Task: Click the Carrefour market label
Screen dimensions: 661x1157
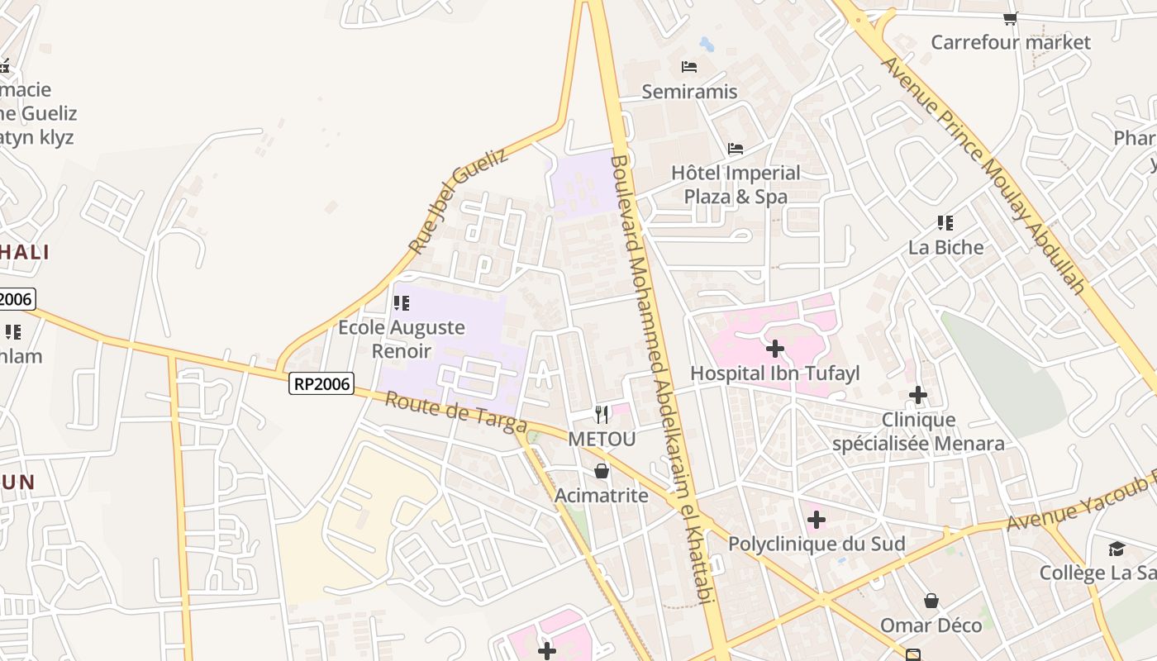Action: (x=1011, y=42)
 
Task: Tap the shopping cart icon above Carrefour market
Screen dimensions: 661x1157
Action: (x=1010, y=18)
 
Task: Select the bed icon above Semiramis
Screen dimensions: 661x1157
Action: (x=689, y=66)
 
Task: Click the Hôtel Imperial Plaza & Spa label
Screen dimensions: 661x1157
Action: (x=736, y=184)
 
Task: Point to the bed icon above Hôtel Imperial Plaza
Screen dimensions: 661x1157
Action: (x=736, y=149)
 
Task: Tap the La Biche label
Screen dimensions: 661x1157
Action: (x=946, y=247)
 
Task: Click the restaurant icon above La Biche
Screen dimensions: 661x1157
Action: (x=945, y=222)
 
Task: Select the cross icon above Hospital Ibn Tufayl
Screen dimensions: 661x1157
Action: (x=774, y=349)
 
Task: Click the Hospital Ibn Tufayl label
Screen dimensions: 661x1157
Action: (x=775, y=373)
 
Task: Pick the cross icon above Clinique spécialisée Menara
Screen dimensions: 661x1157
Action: (x=918, y=395)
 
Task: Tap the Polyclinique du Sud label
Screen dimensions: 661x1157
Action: (x=817, y=544)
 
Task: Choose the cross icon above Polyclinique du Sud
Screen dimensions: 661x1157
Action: (x=817, y=520)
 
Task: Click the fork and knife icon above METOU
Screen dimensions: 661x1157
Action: (x=602, y=414)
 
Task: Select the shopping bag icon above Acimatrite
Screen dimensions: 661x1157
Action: (x=602, y=471)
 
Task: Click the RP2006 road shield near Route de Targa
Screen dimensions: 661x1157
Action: (x=321, y=383)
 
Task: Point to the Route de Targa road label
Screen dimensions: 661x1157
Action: (x=456, y=412)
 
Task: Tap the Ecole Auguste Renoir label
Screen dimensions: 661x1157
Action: (x=402, y=339)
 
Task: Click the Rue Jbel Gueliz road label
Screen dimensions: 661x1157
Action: (x=459, y=201)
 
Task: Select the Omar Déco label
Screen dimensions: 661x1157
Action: (x=931, y=625)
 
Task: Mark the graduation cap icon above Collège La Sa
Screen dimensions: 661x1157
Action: (x=1117, y=549)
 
